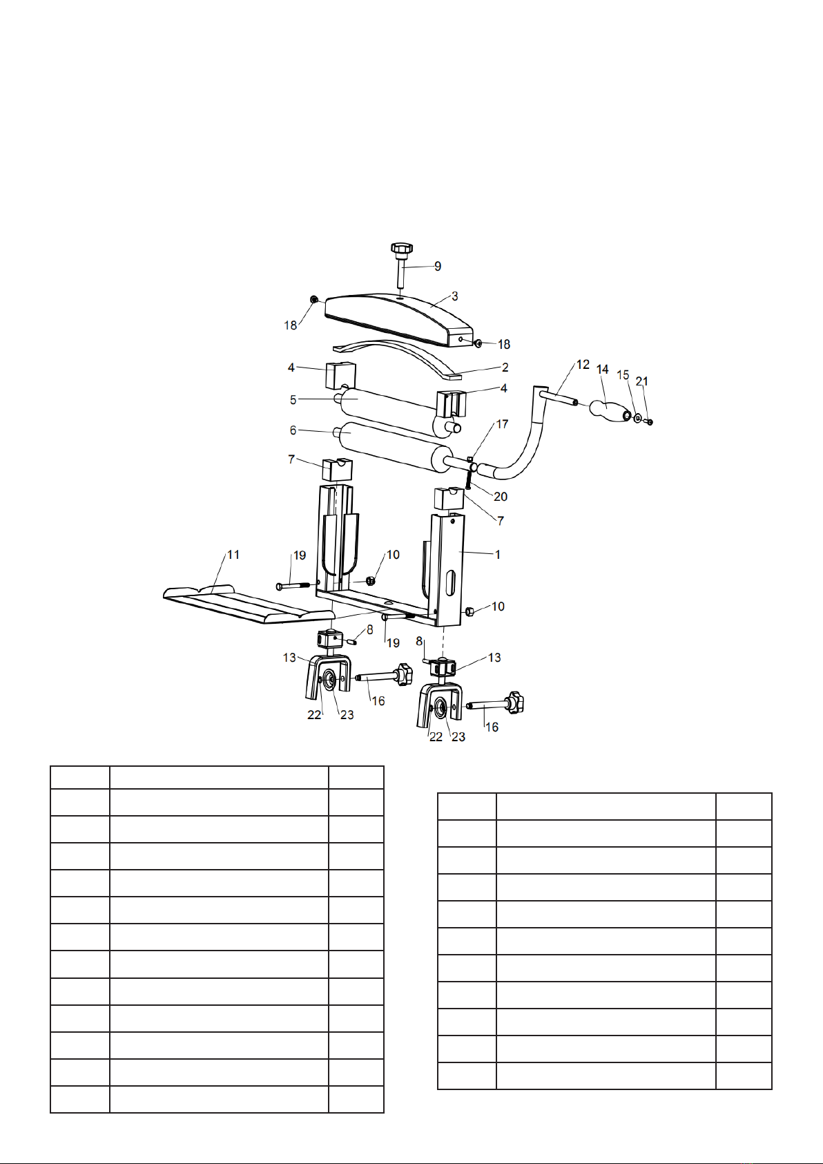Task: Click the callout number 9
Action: (x=438, y=266)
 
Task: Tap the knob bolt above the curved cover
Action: (x=401, y=265)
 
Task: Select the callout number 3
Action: (x=455, y=296)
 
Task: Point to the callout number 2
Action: (x=505, y=368)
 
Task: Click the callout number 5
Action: (x=293, y=399)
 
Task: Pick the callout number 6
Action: (x=293, y=430)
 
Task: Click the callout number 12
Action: (x=583, y=365)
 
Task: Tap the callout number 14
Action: (x=602, y=370)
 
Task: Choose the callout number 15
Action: (x=623, y=375)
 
